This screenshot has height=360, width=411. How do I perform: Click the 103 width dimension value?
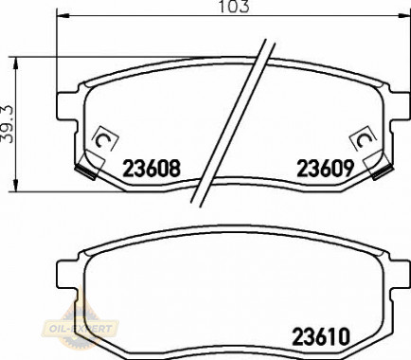(234, 7)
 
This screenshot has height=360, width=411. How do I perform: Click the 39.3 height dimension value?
(7, 124)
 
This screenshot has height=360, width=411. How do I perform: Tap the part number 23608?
(152, 169)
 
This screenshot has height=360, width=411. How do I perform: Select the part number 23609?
(325, 169)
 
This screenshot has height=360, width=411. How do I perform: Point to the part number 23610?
(321, 336)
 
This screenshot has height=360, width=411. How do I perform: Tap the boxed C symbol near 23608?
(104, 139)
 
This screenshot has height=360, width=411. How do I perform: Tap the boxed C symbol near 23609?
(363, 138)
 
